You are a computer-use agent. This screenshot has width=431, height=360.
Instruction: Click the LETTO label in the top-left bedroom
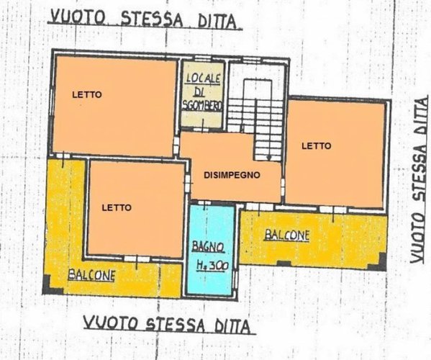point(86,94)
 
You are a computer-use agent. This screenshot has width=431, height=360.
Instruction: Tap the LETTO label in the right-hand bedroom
point(316,145)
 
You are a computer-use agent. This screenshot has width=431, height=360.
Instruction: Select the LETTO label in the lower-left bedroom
point(116,207)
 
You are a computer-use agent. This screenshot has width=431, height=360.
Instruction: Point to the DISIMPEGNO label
point(232,174)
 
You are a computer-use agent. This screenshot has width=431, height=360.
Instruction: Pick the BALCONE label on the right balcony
point(286,235)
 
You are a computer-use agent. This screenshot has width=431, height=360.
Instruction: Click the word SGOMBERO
point(202,106)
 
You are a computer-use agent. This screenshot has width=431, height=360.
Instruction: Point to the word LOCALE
point(202,78)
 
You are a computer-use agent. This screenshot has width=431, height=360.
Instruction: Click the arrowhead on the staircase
point(268,156)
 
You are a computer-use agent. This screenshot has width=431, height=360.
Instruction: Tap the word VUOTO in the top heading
point(80,17)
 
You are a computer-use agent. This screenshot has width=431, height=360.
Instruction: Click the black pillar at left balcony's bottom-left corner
point(48,289)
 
